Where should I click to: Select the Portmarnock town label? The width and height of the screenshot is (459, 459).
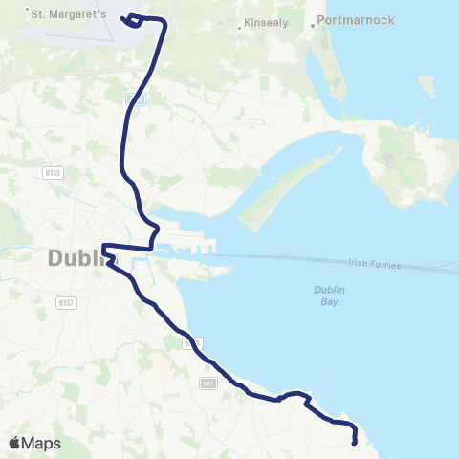point(357,19)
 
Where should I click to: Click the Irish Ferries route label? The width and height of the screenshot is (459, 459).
point(371,263)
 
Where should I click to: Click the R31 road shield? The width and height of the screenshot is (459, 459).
point(208,383)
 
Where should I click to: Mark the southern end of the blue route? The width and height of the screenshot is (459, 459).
point(355,442)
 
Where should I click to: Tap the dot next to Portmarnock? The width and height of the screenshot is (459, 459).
point(313,26)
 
